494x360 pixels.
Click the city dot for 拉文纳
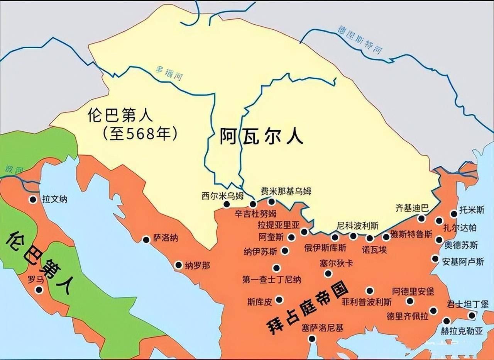point(33,199)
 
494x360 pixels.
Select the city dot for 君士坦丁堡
point(472,316)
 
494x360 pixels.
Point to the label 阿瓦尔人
point(262,137)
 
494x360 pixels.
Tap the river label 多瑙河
point(169,73)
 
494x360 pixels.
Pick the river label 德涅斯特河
point(359,40)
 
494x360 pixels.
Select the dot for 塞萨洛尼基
point(312,339)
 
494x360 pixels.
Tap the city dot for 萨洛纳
point(146,240)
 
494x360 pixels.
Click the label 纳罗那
point(197,265)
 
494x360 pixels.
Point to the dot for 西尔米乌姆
point(227,204)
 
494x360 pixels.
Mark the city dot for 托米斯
point(454,214)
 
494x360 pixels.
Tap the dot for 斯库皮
point(279,299)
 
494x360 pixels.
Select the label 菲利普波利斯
point(366,302)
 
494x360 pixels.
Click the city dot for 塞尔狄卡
point(328,273)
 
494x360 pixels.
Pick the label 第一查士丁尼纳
point(272,279)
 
